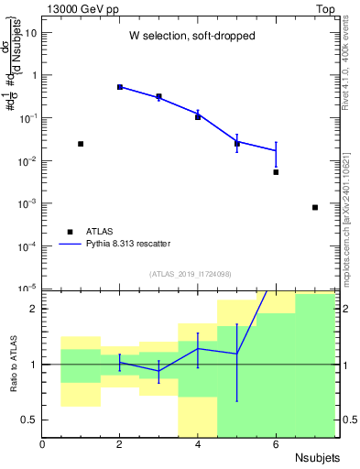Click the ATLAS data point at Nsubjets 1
click(81, 144)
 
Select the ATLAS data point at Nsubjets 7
click(315, 208)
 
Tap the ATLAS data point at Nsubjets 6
click(276, 172)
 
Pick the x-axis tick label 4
click(198, 444)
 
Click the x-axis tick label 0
click(43, 444)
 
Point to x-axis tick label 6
click(276, 444)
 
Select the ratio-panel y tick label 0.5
click(30, 420)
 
